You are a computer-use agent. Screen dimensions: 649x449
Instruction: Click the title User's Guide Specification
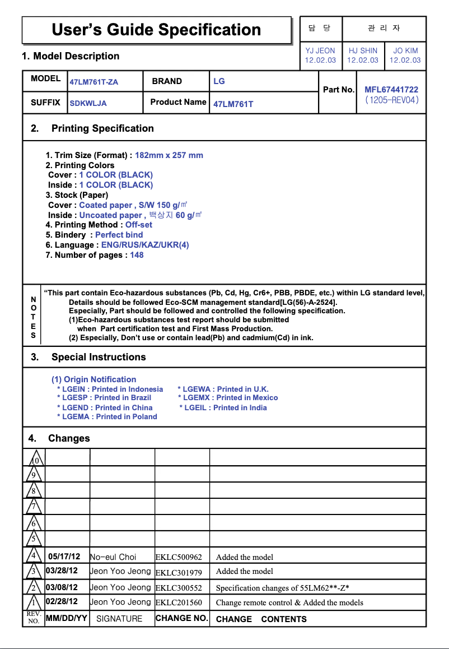pyautogui.click(x=156, y=30)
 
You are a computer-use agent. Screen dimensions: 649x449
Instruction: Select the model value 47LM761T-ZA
pyautogui.click(x=93, y=82)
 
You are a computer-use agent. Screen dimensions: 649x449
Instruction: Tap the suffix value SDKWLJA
pyautogui.click(x=88, y=103)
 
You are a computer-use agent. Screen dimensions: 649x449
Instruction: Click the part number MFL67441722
pyautogui.click(x=391, y=90)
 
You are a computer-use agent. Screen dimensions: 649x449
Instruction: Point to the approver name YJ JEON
pyautogui.click(x=320, y=50)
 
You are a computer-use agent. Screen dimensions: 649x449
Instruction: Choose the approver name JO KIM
pyautogui.click(x=405, y=50)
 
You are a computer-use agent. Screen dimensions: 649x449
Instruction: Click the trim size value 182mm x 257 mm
pyautogui.click(x=169, y=155)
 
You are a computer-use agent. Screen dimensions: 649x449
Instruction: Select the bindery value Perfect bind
pyautogui.click(x=119, y=235)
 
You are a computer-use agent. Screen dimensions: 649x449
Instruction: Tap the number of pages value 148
pyautogui.click(x=137, y=255)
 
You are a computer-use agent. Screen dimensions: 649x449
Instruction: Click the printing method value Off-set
pyautogui.click(x=139, y=225)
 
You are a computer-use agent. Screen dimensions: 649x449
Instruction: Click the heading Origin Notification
pyautogui.click(x=94, y=379)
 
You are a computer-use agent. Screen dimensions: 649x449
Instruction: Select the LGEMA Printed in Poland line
pyautogui.click(x=107, y=416)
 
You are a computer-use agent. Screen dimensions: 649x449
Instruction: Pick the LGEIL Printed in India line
pyautogui.click(x=223, y=407)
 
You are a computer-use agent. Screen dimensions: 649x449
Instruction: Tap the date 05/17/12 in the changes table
pyautogui.click(x=64, y=557)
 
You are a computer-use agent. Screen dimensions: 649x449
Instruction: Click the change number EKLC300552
pyautogui.click(x=179, y=588)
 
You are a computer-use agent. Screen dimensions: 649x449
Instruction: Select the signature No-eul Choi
pyautogui.click(x=113, y=557)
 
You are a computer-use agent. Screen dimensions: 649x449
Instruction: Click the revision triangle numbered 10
pyautogui.click(x=35, y=460)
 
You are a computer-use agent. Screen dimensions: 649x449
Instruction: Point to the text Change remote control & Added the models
pyautogui.click(x=289, y=602)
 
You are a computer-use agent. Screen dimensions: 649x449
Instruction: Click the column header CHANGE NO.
pyautogui.click(x=181, y=618)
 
